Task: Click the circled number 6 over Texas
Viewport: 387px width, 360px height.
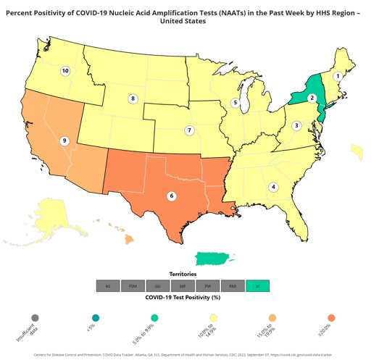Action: [x=172, y=196]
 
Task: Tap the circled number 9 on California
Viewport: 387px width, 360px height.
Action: [x=64, y=141]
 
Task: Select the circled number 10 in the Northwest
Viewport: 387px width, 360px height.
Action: [x=65, y=71]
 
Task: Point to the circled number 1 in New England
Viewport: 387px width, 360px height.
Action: [x=338, y=76]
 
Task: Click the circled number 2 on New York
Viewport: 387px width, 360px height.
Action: [x=312, y=99]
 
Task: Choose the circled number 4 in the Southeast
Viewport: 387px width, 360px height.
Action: [x=273, y=187]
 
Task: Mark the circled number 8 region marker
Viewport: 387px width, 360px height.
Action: [x=133, y=99]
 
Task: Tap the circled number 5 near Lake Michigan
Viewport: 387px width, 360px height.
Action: [x=236, y=103]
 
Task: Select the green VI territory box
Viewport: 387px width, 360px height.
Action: [x=257, y=286]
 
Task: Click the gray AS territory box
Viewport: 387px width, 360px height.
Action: [x=108, y=286]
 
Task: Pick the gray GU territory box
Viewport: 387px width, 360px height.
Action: [x=158, y=286]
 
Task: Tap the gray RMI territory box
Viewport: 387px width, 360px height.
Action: [x=233, y=286]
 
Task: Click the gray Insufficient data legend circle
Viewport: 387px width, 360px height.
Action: [x=36, y=318]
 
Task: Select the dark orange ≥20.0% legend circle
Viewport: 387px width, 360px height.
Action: [x=331, y=318]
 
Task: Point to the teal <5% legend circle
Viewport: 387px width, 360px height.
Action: [x=95, y=318]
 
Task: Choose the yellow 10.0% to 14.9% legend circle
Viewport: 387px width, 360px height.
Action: [x=213, y=318]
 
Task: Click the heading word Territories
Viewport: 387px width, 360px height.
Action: [x=183, y=275]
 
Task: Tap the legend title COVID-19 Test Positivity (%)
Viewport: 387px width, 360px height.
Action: [x=183, y=297]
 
